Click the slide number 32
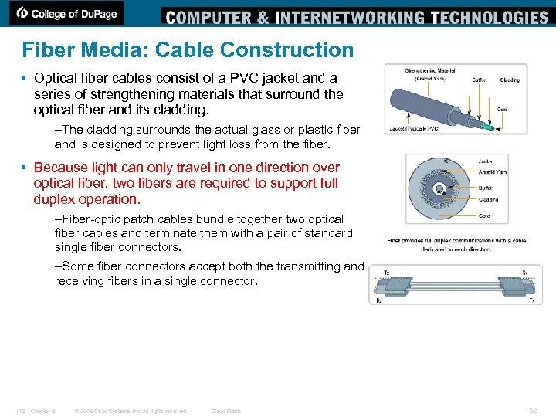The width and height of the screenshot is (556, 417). [x=532, y=411]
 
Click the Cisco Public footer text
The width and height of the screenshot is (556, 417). [x=226, y=411]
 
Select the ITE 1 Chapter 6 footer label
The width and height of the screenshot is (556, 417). [x=35, y=411]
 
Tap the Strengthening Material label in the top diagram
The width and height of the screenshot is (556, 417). [x=430, y=71]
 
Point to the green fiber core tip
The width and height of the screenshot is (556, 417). [x=485, y=125]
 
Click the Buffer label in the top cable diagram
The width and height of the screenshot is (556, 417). [x=478, y=80]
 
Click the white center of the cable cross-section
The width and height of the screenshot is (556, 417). [x=439, y=188]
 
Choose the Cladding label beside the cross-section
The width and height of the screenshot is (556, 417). [x=488, y=200]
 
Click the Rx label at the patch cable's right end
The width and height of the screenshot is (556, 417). [x=524, y=273]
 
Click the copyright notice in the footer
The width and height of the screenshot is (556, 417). [x=130, y=411]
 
